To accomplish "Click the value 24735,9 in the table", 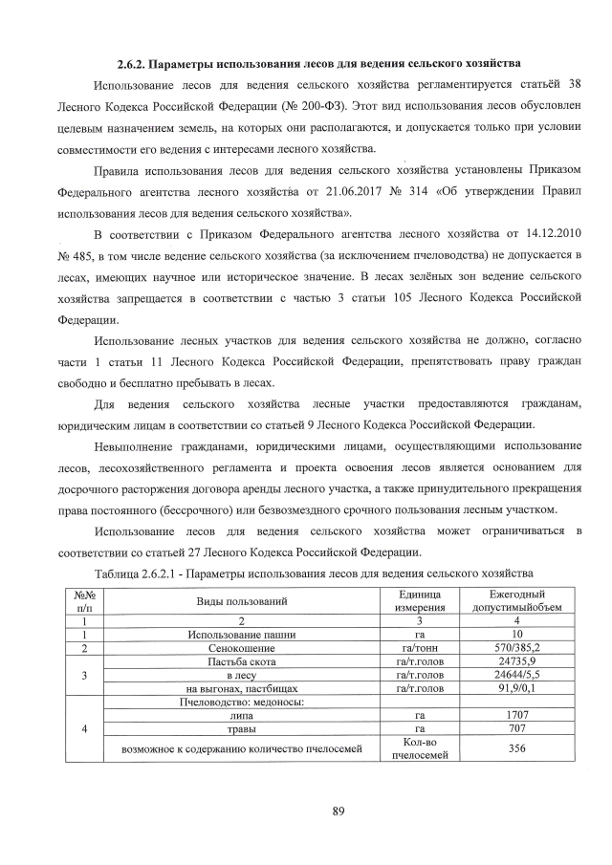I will tap(516, 661).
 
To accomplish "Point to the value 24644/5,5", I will tap(516, 675).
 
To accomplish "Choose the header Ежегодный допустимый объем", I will tap(516, 600).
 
